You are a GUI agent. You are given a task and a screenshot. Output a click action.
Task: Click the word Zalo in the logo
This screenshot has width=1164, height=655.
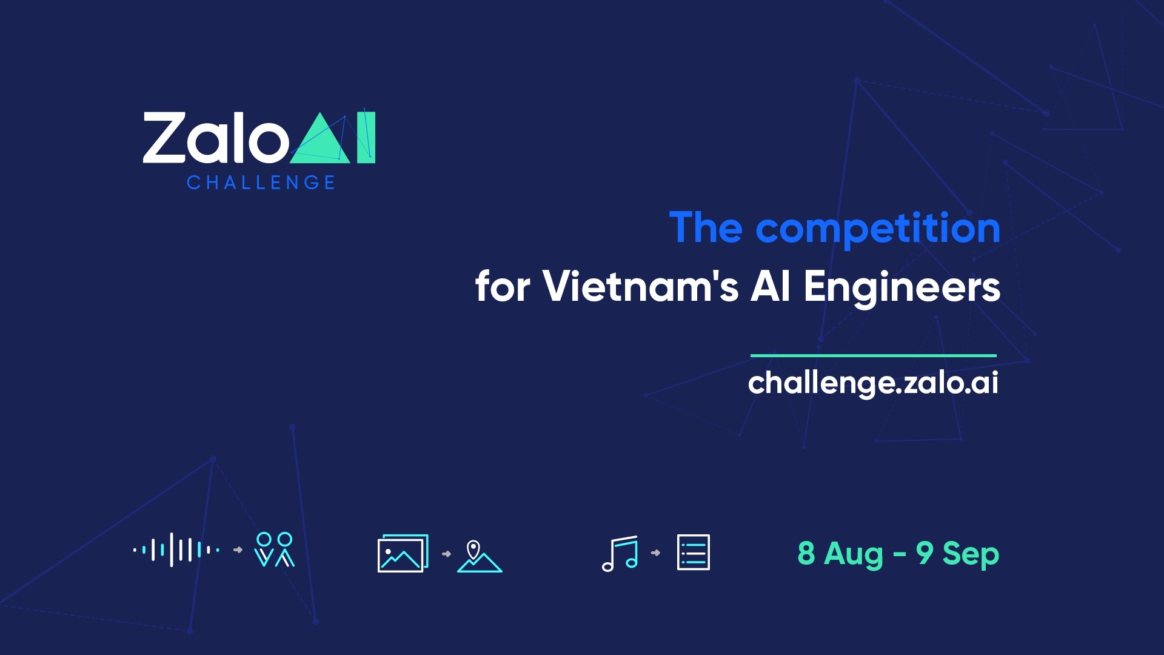pyautogui.click(x=215, y=138)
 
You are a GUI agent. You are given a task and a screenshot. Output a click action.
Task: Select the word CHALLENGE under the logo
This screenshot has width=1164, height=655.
pyautogui.click(x=261, y=183)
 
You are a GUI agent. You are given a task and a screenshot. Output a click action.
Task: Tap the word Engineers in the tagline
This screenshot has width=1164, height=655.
pyautogui.click(x=901, y=287)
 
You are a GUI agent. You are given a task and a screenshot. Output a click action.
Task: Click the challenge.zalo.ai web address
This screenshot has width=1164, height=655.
pyautogui.click(x=873, y=383)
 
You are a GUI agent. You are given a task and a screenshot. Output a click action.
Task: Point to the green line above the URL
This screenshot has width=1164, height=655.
pyautogui.click(x=873, y=355)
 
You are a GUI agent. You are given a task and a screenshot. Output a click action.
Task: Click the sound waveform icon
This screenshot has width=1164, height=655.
pyautogui.click(x=176, y=550)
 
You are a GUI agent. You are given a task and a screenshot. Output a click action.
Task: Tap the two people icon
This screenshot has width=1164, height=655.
pyautogui.click(x=275, y=549)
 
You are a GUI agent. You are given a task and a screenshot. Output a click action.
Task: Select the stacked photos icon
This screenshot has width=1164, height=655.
pyautogui.click(x=403, y=553)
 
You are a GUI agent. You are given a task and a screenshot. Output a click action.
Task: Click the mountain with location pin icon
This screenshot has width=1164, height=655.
pyautogui.click(x=479, y=556)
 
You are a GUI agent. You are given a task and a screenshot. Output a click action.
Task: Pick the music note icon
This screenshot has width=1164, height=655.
pyautogui.click(x=620, y=554)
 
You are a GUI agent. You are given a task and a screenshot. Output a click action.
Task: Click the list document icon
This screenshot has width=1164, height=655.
pyautogui.click(x=693, y=553)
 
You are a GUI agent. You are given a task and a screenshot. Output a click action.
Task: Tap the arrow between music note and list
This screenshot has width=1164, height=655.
pyautogui.click(x=655, y=553)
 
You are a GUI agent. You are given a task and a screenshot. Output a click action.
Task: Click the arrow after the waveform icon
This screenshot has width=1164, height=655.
pyautogui.click(x=238, y=550)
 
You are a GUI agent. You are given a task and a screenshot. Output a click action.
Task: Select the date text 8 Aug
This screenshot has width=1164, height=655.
pyautogui.click(x=840, y=554)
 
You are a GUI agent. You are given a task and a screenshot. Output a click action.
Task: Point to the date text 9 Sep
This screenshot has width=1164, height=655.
pyautogui.click(x=957, y=554)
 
